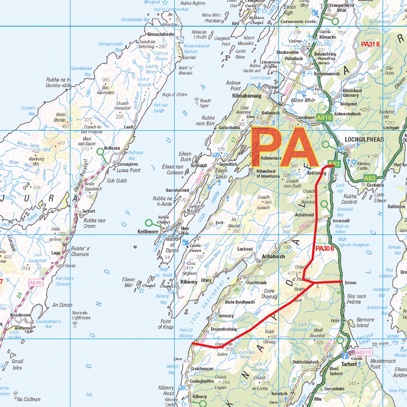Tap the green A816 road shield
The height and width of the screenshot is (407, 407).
click(x=324, y=118)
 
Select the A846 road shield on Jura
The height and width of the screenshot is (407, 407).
click(x=35, y=282)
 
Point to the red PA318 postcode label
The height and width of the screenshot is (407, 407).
click(x=370, y=44)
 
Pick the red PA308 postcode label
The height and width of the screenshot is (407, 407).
click(x=325, y=249)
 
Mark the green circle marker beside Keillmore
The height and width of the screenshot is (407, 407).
click(x=149, y=222)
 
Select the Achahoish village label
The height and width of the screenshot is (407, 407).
click(x=269, y=257)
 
